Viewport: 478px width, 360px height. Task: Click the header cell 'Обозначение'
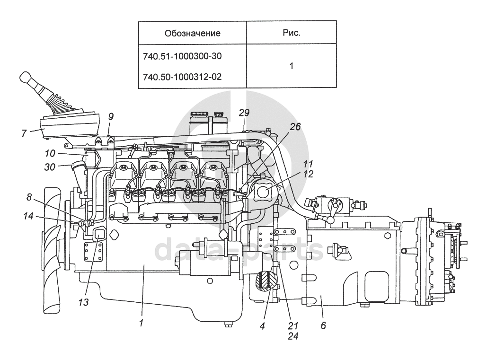[x=193, y=33]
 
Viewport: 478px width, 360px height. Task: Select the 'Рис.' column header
[x=291, y=33]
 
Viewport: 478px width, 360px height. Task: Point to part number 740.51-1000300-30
[x=182, y=56]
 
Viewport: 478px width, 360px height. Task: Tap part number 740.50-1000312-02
[x=182, y=76]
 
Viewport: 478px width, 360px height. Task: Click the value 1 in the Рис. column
[x=291, y=66]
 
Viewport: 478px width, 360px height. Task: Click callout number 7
[x=24, y=133]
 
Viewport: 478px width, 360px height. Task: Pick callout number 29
[x=244, y=113]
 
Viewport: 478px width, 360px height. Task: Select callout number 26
[x=295, y=127]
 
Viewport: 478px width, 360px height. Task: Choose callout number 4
[x=262, y=325]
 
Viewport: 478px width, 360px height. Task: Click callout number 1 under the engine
[x=141, y=323]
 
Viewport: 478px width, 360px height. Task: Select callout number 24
[x=293, y=337]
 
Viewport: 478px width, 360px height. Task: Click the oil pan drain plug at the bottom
[x=229, y=325]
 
